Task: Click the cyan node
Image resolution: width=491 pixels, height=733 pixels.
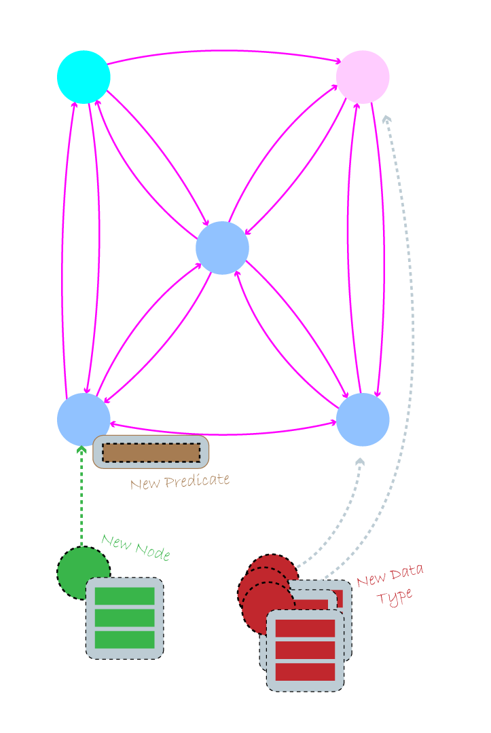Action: pyautogui.click(x=84, y=77)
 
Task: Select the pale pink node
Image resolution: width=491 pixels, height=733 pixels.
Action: pyautogui.click(x=363, y=77)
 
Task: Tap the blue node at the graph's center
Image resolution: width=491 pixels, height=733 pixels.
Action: pyautogui.click(x=222, y=248)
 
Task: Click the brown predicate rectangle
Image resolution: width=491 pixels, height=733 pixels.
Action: pyautogui.click(x=151, y=453)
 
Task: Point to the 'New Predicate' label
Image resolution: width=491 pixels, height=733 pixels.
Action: pyautogui.click(x=180, y=481)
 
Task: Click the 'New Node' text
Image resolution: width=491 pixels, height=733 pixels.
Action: pyautogui.click(x=136, y=547)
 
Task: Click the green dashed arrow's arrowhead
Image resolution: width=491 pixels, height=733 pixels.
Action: pyautogui.click(x=81, y=449)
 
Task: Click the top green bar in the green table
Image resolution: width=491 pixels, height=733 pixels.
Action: pyautogui.click(x=124, y=596)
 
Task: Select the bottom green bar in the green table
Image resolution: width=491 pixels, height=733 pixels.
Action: pyautogui.click(x=124, y=640)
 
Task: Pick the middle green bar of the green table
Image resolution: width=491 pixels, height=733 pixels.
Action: pyautogui.click(x=124, y=618)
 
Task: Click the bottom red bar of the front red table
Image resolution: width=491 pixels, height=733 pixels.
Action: pyautogui.click(x=305, y=672)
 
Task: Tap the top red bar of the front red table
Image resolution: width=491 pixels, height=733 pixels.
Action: pyautogui.click(x=305, y=628)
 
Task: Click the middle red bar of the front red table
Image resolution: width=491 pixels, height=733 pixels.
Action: pyautogui.click(x=305, y=650)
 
